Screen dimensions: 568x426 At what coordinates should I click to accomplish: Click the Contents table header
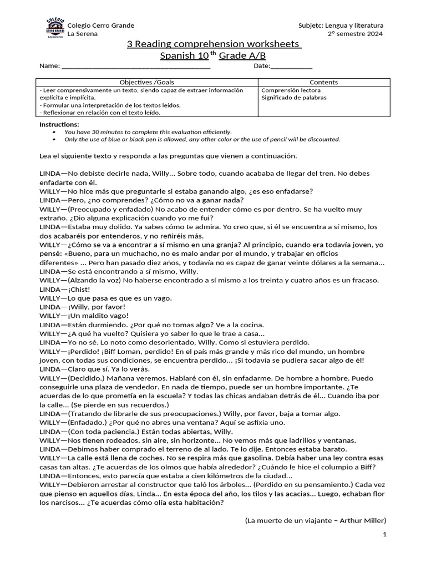click(x=323, y=82)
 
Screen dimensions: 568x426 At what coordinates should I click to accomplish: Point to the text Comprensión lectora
click(x=291, y=90)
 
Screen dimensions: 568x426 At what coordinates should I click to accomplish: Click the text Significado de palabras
click(x=293, y=98)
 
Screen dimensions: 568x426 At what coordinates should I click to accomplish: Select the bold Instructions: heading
click(x=59, y=124)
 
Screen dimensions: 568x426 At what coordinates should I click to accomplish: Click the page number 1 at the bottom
click(x=384, y=534)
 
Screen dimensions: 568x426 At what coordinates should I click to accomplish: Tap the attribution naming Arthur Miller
click(x=315, y=520)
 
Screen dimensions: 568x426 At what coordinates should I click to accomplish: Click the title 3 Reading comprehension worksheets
click(x=213, y=44)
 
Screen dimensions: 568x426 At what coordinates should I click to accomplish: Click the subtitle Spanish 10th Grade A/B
click(x=213, y=55)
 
